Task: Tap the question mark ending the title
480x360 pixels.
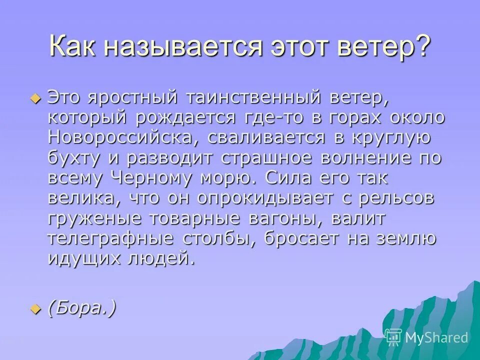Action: point(420,48)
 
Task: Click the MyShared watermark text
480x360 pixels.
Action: point(436,337)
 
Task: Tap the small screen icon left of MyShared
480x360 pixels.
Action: point(393,337)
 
